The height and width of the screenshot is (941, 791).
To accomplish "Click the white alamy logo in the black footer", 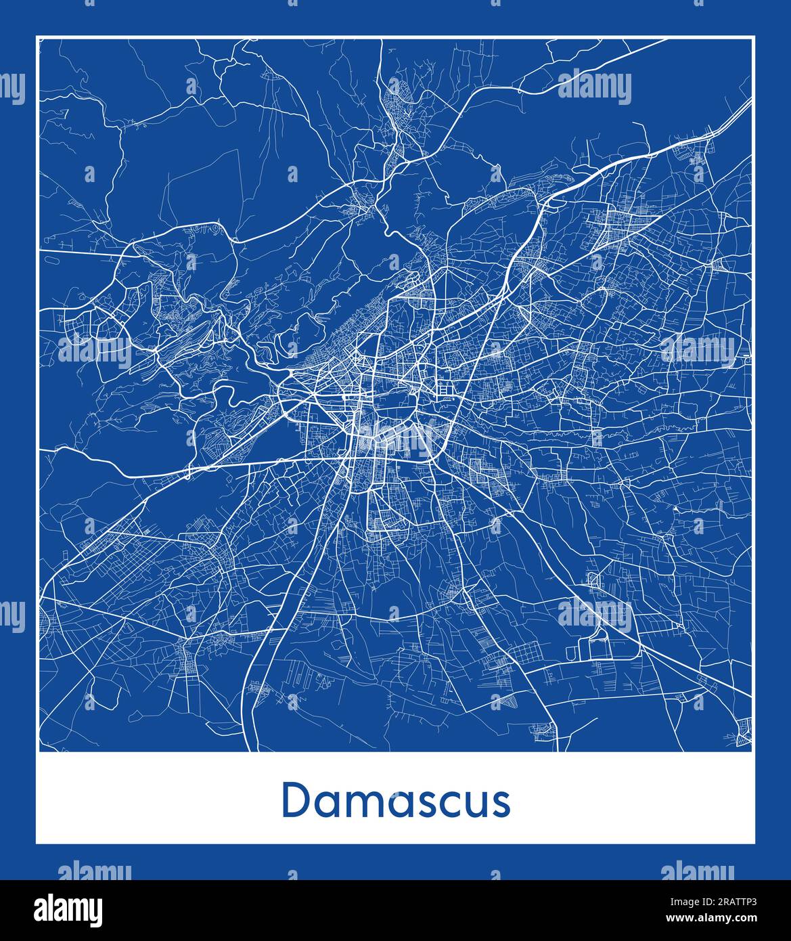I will point(68,909).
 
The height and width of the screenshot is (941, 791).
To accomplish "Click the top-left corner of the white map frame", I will point(37,37).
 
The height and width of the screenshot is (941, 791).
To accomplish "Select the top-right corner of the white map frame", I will point(754,37).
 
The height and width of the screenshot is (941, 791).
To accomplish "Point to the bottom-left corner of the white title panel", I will point(37,844).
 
